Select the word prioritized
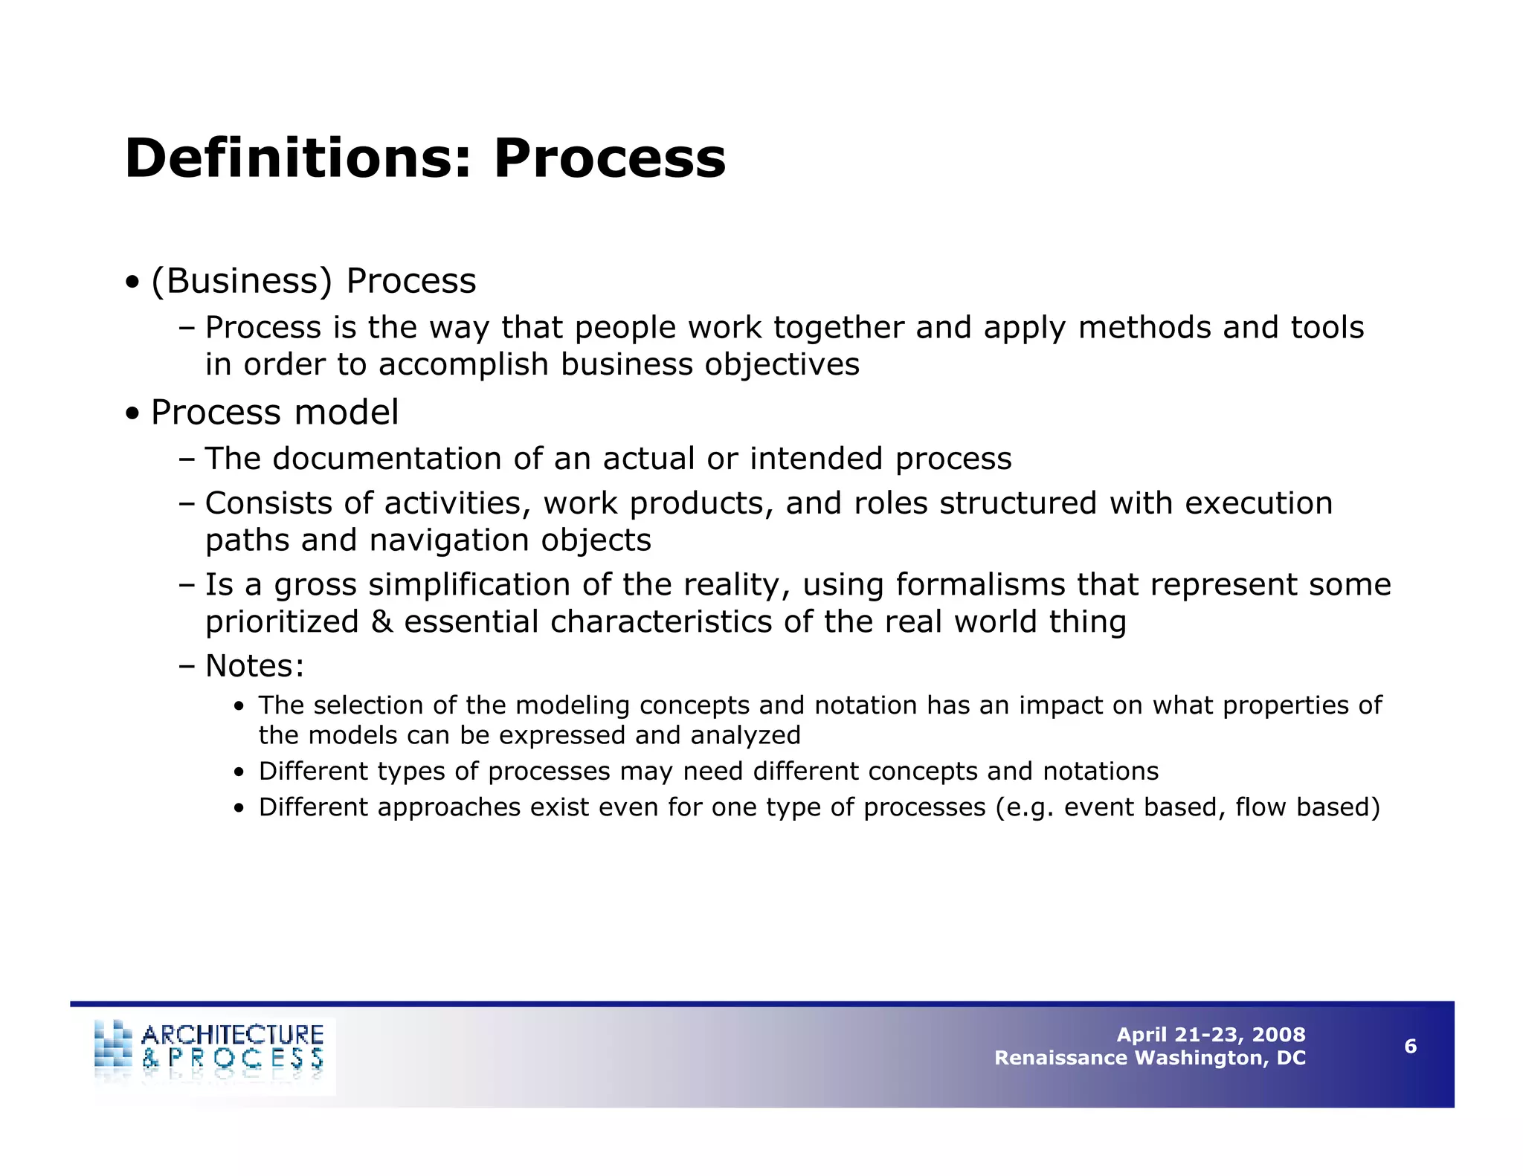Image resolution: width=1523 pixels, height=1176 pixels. pyautogui.click(x=282, y=622)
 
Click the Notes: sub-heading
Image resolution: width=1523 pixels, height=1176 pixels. pyautogui.click(x=254, y=666)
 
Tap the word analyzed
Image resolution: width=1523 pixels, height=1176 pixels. pyautogui.click(x=745, y=736)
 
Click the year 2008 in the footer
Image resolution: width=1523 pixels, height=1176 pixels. pyautogui.click(x=1278, y=1035)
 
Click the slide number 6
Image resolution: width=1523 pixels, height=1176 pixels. pyautogui.click(x=1410, y=1047)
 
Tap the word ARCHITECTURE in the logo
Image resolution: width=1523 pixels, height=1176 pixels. pyautogui.click(x=232, y=1035)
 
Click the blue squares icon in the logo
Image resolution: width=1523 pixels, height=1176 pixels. pyautogui.click(x=113, y=1044)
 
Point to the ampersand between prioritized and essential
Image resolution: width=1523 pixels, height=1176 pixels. pyautogui.click(x=381, y=622)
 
